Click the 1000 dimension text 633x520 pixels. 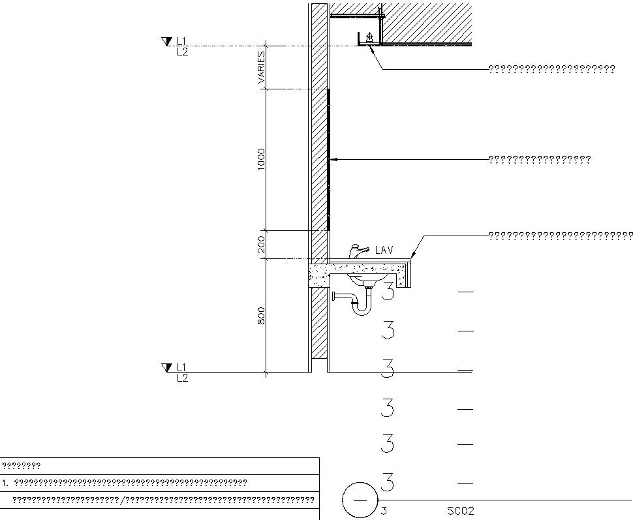[261, 159]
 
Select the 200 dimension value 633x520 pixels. [261, 244]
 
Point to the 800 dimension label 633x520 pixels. [261, 316]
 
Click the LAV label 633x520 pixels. [384, 250]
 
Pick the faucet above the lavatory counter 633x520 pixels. [356, 250]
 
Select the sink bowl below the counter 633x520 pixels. [365, 280]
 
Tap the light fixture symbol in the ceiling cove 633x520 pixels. [370, 38]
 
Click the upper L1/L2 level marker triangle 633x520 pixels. [165, 42]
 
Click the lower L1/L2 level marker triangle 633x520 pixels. [165, 368]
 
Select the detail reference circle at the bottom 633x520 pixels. [360, 500]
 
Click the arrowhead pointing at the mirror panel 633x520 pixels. [333, 159]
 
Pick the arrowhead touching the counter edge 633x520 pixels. [412, 256]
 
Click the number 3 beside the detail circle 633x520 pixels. [384, 511]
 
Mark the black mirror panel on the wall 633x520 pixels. [328, 159]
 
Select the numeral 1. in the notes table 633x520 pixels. [5, 483]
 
